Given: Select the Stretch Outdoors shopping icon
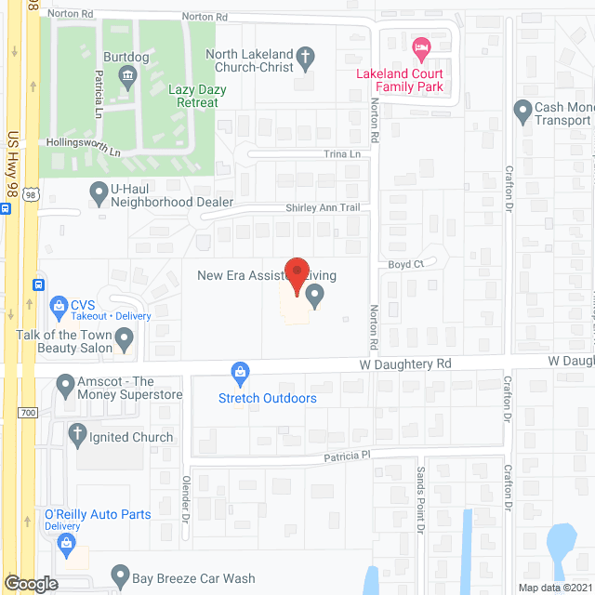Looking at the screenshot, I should (x=241, y=374).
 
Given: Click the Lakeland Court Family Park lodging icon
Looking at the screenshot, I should (x=421, y=46).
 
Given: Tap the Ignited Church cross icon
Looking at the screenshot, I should (x=79, y=432).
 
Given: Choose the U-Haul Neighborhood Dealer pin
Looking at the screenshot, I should (x=98, y=193).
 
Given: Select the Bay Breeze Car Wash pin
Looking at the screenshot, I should (x=118, y=575).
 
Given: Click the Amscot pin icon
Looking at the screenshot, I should (x=65, y=383).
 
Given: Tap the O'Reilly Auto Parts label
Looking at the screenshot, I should (x=98, y=514).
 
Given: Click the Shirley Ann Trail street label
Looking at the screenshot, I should (x=322, y=207).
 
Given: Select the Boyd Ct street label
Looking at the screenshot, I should (x=405, y=264).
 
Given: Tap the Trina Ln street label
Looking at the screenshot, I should (x=341, y=152).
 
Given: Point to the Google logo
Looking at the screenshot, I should (x=31, y=583).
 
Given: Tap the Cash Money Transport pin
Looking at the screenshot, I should (x=522, y=112).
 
